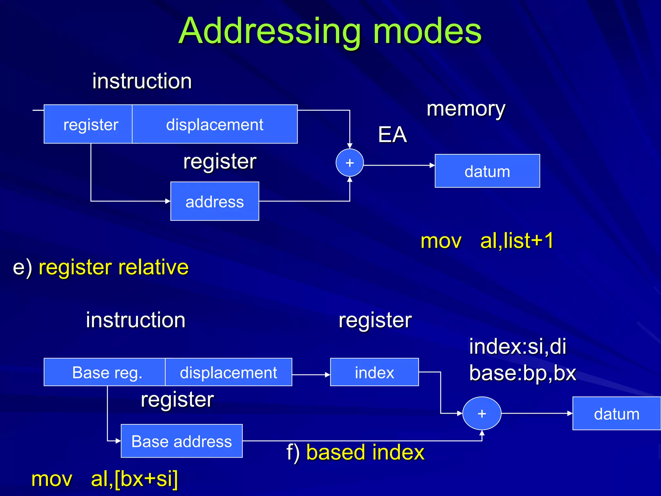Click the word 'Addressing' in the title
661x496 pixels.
point(269,31)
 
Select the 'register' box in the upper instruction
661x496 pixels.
point(88,124)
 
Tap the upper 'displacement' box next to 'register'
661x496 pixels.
point(215,124)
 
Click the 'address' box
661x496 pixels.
point(215,201)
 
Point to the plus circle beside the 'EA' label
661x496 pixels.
point(350,163)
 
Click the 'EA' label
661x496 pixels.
point(392,135)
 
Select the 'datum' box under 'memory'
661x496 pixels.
point(487,171)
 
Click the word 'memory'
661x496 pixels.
point(466,109)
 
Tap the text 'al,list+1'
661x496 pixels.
point(517,241)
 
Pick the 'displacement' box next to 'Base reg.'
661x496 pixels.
point(229,372)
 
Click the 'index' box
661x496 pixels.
point(374,372)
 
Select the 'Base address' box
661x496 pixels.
point(181,441)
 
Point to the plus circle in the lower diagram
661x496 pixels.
point(482,413)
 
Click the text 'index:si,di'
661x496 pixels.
point(517,346)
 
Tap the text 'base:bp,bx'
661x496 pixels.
point(523,373)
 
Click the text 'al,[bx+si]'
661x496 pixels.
point(134,479)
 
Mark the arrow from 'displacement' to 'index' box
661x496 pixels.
point(310,375)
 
